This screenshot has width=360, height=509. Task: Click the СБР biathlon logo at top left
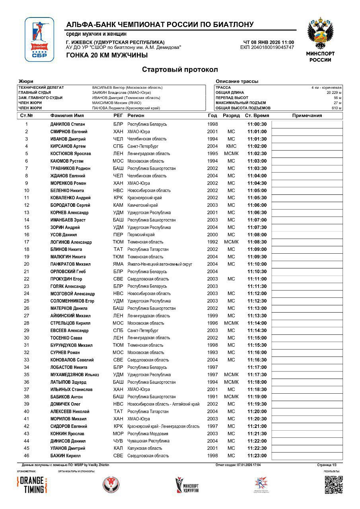39,39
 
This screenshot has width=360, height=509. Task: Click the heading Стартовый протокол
180,70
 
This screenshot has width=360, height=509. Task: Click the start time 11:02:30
257,154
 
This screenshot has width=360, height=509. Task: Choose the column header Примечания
307,116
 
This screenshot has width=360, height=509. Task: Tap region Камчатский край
142,205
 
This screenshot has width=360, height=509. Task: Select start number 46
27,456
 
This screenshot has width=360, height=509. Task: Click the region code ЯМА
118,264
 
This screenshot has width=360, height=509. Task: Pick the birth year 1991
212,397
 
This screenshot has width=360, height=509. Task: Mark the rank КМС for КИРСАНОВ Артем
231,146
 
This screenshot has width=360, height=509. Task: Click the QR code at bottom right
333,485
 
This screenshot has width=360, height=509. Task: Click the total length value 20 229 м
334,93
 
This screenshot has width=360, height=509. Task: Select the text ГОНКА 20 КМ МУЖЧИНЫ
107,55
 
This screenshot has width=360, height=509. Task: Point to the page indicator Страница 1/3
327,465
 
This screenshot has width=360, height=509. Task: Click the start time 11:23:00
257,456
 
